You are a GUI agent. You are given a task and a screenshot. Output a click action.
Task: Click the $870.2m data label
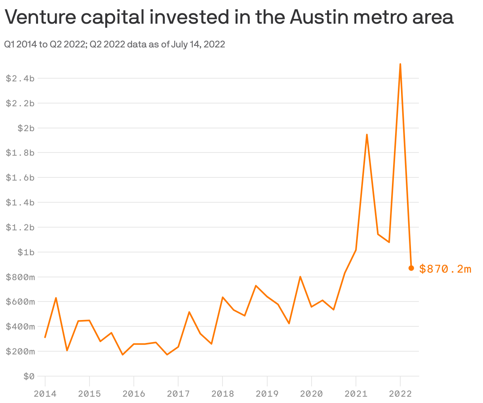coord(445,269)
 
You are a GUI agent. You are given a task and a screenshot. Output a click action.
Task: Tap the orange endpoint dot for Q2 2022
coord(411,268)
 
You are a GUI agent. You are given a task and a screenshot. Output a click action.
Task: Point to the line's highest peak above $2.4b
coord(400,64)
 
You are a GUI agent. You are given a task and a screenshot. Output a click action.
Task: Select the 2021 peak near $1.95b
coord(367,135)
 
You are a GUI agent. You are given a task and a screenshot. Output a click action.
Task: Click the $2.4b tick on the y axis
coord(20,78)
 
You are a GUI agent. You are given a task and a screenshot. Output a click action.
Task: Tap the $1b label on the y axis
coord(26,252)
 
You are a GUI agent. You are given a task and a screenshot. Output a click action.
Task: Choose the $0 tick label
coord(29,376)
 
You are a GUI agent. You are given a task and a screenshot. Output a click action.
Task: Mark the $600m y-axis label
coord(20,302)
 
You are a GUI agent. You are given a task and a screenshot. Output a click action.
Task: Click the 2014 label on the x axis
coord(45,394)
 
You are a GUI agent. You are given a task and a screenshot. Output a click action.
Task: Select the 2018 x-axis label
coord(222,394)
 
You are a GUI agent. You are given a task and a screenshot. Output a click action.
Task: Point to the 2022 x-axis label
coord(400,394)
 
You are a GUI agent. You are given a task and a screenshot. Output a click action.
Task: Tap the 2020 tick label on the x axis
coord(312,394)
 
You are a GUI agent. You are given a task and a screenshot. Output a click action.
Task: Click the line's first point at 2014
coord(45,337)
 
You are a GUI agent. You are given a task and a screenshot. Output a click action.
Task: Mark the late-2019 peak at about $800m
coord(300,277)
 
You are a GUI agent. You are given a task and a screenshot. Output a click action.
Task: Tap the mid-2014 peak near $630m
coord(56,298)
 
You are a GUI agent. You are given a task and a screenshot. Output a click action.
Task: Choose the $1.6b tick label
coord(20,178)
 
